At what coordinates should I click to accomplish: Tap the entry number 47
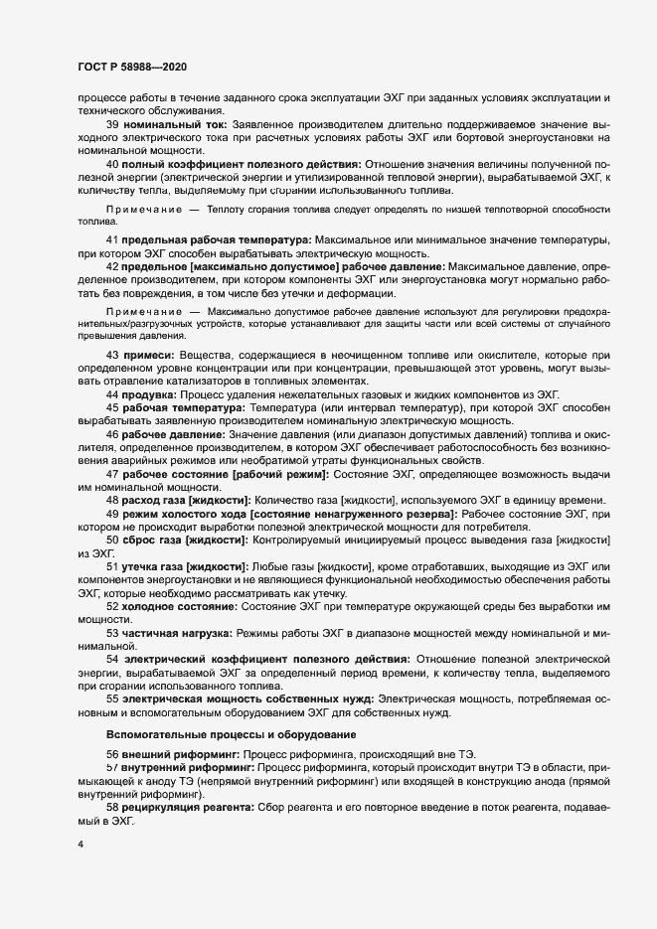click(112, 473)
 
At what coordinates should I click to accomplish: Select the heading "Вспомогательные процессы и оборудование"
click(231, 733)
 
